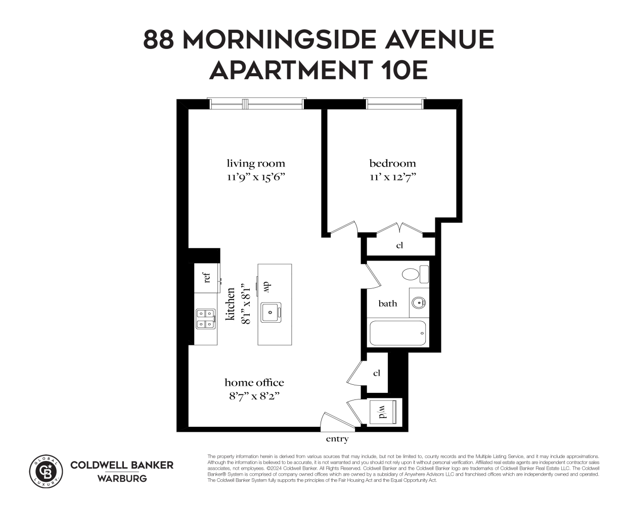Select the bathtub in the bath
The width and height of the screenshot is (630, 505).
click(x=397, y=333)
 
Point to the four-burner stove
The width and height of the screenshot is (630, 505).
click(x=206, y=319)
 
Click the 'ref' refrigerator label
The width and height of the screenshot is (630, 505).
click(x=206, y=277)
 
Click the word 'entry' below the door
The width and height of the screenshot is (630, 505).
click(x=337, y=439)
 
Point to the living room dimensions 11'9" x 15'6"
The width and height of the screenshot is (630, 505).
click(x=255, y=177)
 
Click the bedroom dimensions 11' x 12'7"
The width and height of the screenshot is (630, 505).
click(x=392, y=177)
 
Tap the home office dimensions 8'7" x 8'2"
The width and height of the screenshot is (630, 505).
click(x=254, y=396)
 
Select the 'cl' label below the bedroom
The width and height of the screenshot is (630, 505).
click(x=399, y=246)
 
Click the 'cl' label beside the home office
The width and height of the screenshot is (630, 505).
click(x=376, y=373)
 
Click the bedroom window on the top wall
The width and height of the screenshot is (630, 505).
click(x=394, y=104)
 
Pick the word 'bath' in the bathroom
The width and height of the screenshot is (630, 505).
click(x=388, y=304)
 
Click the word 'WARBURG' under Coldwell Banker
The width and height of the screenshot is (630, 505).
click(x=122, y=478)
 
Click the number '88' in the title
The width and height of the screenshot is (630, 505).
click(x=160, y=39)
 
